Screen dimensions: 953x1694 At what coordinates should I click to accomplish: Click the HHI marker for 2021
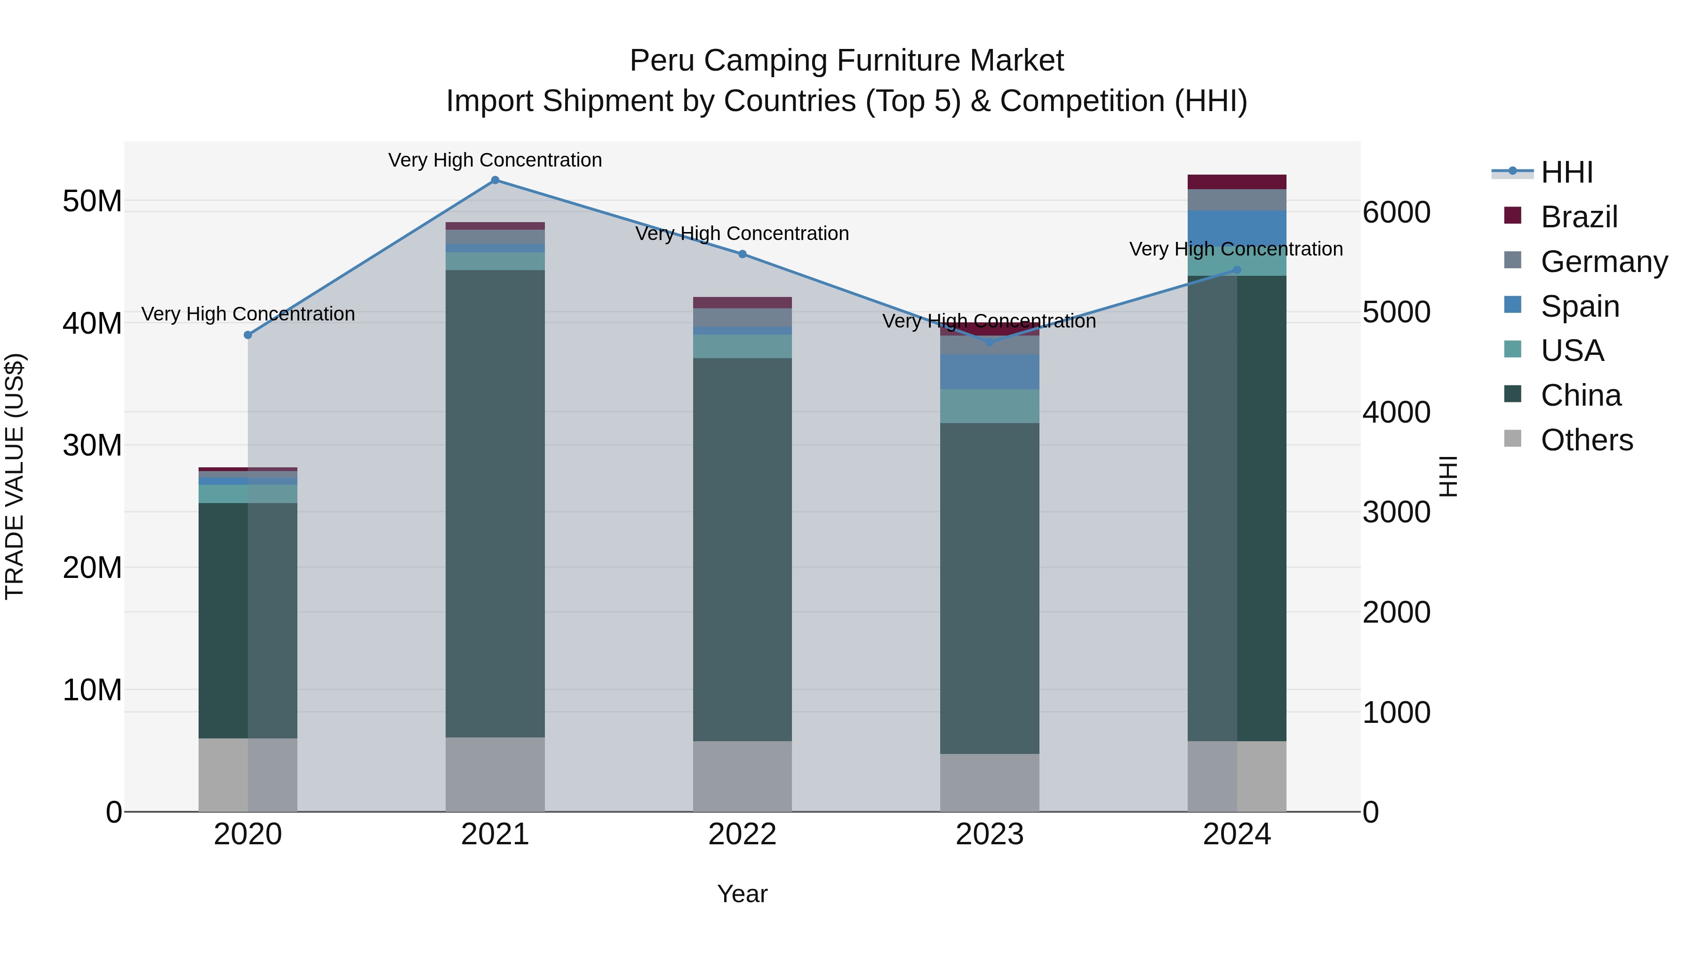(495, 180)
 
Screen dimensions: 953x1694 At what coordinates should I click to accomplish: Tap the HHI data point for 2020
(248, 336)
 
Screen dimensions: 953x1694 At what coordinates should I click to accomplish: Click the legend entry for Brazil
(1578, 217)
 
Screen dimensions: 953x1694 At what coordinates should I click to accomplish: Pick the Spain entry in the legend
(1580, 306)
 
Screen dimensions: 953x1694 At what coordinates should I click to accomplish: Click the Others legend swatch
(1512, 439)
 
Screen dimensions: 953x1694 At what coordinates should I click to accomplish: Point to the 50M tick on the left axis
(92, 201)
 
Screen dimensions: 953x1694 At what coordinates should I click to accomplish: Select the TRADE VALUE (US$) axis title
(15, 476)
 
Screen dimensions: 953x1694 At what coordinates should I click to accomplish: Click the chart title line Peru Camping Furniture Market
(847, 61)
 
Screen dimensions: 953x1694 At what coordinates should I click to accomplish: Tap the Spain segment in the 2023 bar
(989, 372)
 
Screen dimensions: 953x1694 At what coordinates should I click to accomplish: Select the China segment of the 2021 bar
(495, 503)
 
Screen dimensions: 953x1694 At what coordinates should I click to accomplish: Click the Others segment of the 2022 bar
(743, 776)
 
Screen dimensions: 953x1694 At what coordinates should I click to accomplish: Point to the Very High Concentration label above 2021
(495, 160)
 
